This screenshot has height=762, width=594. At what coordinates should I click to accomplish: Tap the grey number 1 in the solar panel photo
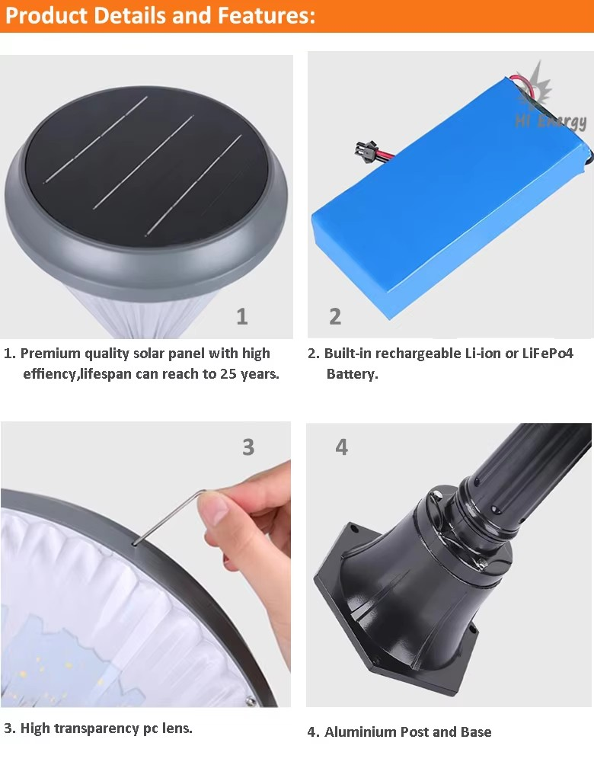coord(242,316)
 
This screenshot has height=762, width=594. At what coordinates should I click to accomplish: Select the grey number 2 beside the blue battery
coord(335,316)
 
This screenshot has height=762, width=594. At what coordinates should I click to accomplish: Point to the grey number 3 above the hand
coord(248,447)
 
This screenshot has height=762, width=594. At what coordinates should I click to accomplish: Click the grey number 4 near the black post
coord(341,447)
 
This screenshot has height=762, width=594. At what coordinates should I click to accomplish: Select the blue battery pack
coord(452,199)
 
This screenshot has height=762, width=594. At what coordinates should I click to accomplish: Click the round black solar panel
coord(147,167)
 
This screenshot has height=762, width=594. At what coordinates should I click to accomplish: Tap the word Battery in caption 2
coord(352,374)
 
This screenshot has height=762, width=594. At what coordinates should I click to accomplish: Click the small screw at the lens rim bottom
coord(251,700)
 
